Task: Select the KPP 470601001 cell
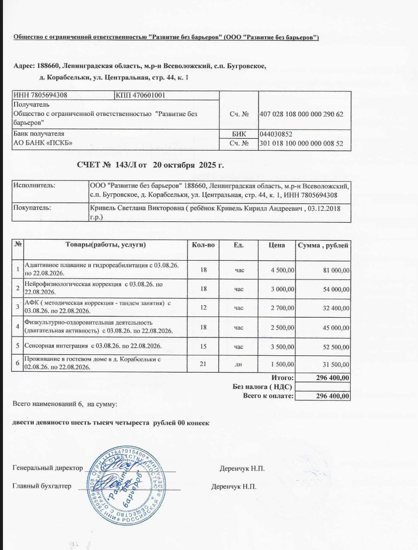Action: [141, 95]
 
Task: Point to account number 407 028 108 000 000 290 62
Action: [301, 114]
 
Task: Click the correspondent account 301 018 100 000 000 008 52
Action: [301, 144]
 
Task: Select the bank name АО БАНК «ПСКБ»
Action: [43, 143]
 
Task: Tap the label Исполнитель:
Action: [34, 186]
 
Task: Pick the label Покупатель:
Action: [32, 208]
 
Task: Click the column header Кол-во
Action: [203, 245]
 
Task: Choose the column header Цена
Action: [277, 245]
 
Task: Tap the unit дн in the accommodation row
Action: [238, 365]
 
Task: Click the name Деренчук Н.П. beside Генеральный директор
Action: [242, 468]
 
